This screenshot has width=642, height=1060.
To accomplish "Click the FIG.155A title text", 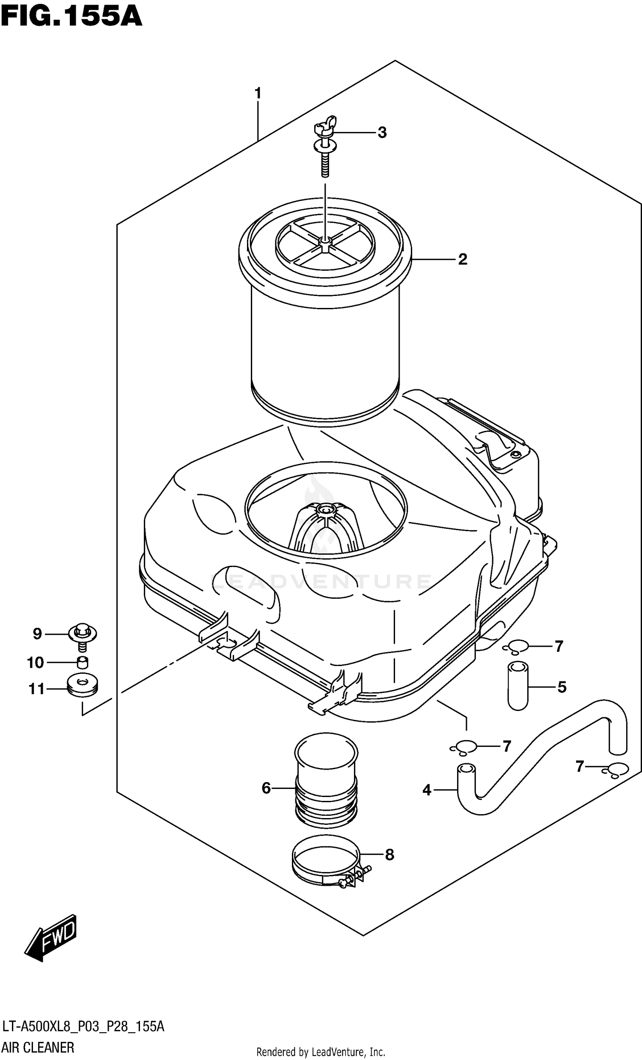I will tap(71, 18).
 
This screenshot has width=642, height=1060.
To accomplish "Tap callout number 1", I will tap(258, 93).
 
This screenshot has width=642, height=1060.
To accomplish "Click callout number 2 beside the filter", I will tap(462, 260).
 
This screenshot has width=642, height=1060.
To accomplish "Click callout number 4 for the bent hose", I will tap(426, 790).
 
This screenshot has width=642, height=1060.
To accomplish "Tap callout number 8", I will tap(389, 855).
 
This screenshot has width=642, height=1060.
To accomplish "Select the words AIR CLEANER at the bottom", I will tap(38, 1048).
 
